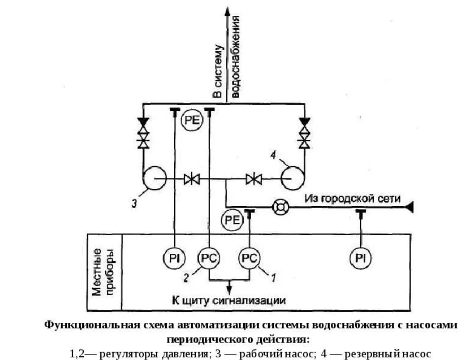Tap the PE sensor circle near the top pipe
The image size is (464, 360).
(192, 120)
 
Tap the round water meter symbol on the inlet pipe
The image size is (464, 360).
(280, 207)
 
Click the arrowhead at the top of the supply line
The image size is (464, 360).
(227, 12)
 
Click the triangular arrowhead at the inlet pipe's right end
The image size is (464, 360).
(409, 207)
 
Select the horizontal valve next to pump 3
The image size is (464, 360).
(192, 179)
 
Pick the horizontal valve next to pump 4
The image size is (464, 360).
(254, 179)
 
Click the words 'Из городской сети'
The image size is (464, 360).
(353, 199)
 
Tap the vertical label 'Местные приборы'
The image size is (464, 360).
(102, 272)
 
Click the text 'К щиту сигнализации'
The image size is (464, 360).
(229, 301)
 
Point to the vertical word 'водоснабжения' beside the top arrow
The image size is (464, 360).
(235, 56)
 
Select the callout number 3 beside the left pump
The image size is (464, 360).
(134, 203)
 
